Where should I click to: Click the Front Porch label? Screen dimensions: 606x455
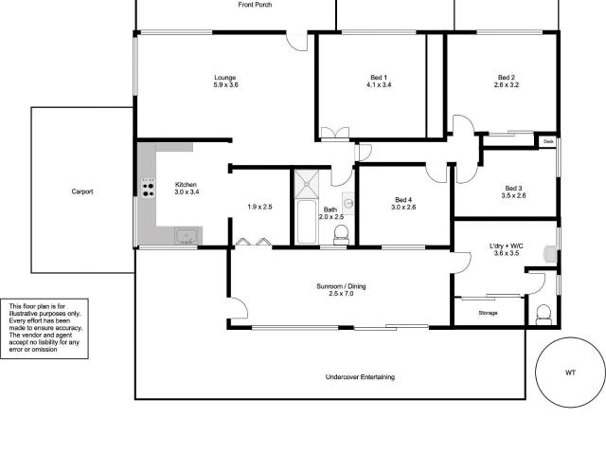pyautogui.click(x=255, y=5)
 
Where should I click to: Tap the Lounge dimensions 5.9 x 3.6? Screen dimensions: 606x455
pyautogui.click(x=225, y=84)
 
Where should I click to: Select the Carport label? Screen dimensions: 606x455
pyautogui.click(x=82, y=191)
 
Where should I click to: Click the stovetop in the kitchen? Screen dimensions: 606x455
pyautogui.click(x=148, y=188)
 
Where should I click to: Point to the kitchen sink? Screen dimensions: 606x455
pyautogui.click(x=187, y=236)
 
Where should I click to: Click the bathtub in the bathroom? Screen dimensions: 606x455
pyautogui.click(x=307, y=222)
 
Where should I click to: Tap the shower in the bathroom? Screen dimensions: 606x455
pyautogui.click(x=307, y=184)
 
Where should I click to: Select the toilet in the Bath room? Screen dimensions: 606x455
pyautogui.click(x=341, y=234)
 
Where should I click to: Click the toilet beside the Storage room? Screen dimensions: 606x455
pyautogui.click(x=544, y=315)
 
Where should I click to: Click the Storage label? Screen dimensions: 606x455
pyautogui.click(x=488, y=313)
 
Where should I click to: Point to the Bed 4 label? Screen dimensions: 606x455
pyautogui.click(x=403, y=200)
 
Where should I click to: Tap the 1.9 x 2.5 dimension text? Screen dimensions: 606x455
pyautogui.click(x=259, y=207)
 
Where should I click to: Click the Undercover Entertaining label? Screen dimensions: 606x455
pyautogui.click(x=360, y=377)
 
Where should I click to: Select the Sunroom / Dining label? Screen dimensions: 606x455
pyautogui.click(x=341, y=286)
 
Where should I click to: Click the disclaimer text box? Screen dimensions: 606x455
pyautogui.click(x=45, y=329)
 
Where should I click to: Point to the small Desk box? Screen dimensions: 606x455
pyautogui.click(x=548, y=141)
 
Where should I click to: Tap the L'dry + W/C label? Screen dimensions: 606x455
pyautogui.click(x=507, y=246)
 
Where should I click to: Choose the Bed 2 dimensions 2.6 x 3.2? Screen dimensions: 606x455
pyautogui.click(x=507, y=84)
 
